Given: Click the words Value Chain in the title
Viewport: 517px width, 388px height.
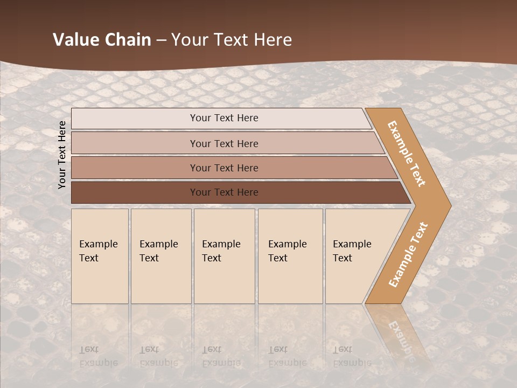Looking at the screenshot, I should click(102, 40).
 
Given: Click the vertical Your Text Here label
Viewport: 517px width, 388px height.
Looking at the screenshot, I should click(62, 155).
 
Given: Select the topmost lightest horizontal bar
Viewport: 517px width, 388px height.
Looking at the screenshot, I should click(135, 119).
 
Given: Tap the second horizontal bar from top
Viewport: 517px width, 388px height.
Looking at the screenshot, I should click(135, 143).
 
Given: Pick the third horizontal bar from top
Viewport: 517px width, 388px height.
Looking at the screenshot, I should click(135, 168).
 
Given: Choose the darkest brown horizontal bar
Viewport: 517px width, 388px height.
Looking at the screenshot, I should click(135, 192).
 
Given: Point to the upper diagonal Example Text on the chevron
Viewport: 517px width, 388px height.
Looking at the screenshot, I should click(407, 154).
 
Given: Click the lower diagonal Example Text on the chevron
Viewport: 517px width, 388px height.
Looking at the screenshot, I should click(408, 255).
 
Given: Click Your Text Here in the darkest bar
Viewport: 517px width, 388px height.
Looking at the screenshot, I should click(224, 192).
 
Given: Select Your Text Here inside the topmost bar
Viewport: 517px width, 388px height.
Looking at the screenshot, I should click(224, 118).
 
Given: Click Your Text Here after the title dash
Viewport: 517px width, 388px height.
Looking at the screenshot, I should click(232, 40).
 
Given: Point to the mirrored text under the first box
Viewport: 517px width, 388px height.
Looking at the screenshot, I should click(98, 356).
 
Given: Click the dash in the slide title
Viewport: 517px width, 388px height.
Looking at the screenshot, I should click(161, 40).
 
